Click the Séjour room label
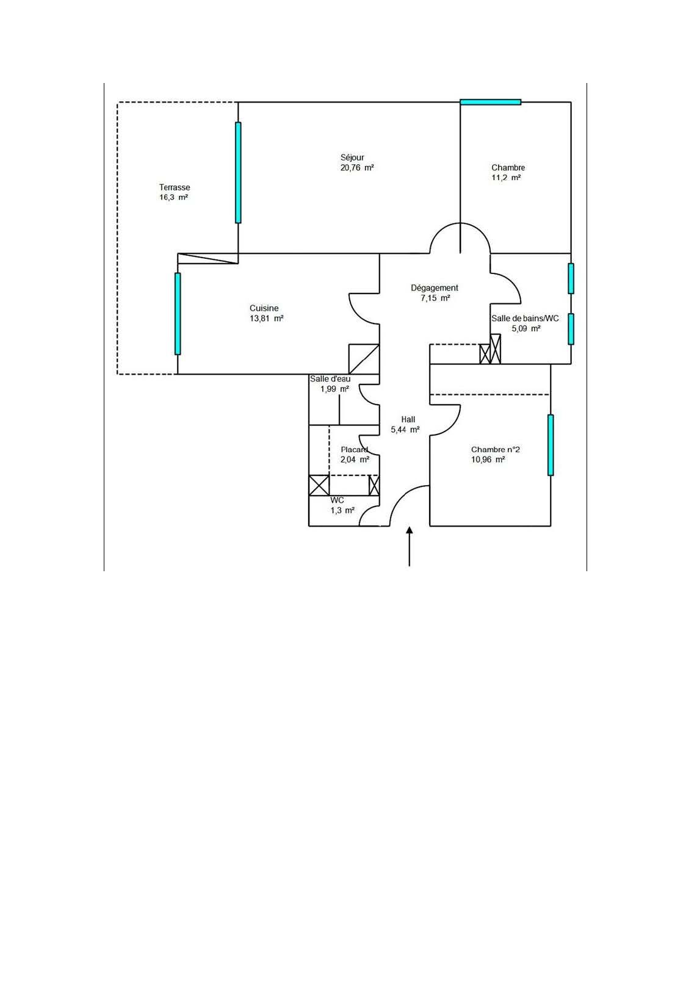tap(352, 157)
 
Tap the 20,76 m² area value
tap(357, 168)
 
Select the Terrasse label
tap(175, 187)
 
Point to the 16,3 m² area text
tap(174, 198)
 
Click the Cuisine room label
tap(264, 308)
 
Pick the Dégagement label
tap(435, 288)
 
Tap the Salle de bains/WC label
tap(525, 319)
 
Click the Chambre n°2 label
tap(496, 449)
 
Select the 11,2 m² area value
tap(506, 178)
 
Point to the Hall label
tap(408, 419)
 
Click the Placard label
tap(355, 449)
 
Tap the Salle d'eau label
tap(330, 378)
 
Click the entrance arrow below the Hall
tap(410, 546)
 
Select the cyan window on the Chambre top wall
tap(490, 102)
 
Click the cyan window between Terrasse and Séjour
tap(238, 172)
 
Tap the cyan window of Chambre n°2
tap(551, 444)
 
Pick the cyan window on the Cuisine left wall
tap(178, 314)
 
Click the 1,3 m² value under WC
tap(342, 511)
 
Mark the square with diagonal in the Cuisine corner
tap(364, 359)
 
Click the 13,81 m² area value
tap(267, 319)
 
